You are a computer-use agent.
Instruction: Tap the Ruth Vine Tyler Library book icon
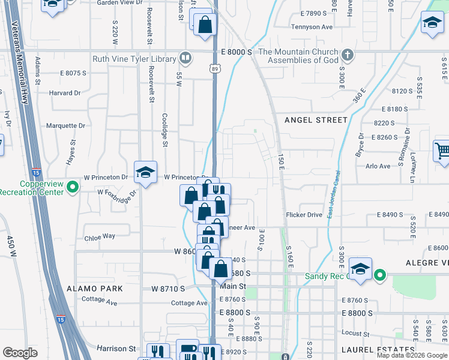point(186,59)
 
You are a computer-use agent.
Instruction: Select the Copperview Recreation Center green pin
point(73,188)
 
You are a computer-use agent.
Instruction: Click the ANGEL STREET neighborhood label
point(316,120)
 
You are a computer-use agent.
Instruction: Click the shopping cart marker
point(442,151)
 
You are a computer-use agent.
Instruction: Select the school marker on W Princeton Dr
point(145,173)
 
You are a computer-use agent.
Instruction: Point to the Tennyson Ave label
point(312,27)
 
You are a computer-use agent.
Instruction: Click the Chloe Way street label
point(100,236)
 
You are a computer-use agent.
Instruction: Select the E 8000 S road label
point(236,52)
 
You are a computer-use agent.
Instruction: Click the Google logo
point(20,352)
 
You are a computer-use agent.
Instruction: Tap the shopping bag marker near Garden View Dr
point(205,25)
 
